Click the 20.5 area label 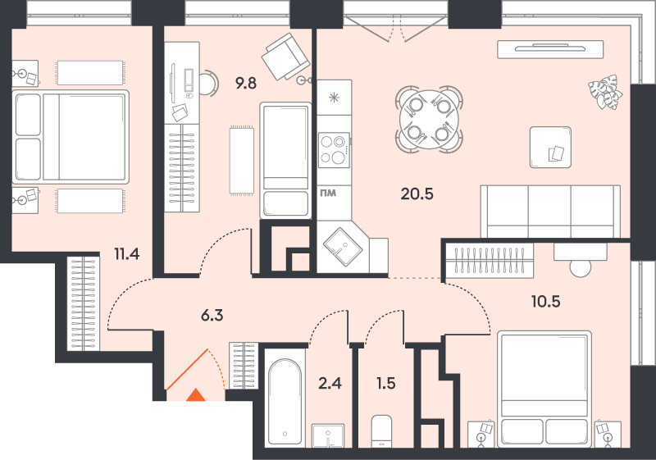pyautogui.click(x=417, y=194)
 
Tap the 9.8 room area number pyautogui.click(x=245, y=84)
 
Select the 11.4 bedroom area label pyautogui.click(x=127, y=254)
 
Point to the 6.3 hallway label pyautogui.click(x=212, y=316)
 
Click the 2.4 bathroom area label pyautogui.click(x=330, y=383)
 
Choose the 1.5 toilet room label pyautogui.click(x=385, y=383)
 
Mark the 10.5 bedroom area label pyautogui.click(x=545, y=301)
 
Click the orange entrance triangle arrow pyautogui.click(x=195, y=395)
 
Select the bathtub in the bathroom pyautogui.click(x=285, y=403)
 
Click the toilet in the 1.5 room pyautogui.click(x=380, y=430)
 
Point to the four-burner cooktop pyautogui.click(x=334, y=150)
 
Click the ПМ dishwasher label pyautogui.click(x=328, y=194)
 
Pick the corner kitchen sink pyautogui.click(x=343, y=247)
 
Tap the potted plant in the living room pyautogui.click(x=605, y=92)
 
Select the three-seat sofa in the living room pyautogui.click(x=550, y=212)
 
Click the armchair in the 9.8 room pyautogui.click(x=285, y=57)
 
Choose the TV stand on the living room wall pyautogui.click(x=550, y=49)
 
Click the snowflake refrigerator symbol pyautogui.click(x=334, y=98)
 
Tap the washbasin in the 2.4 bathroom pyautogui.click(x=328, y=435)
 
